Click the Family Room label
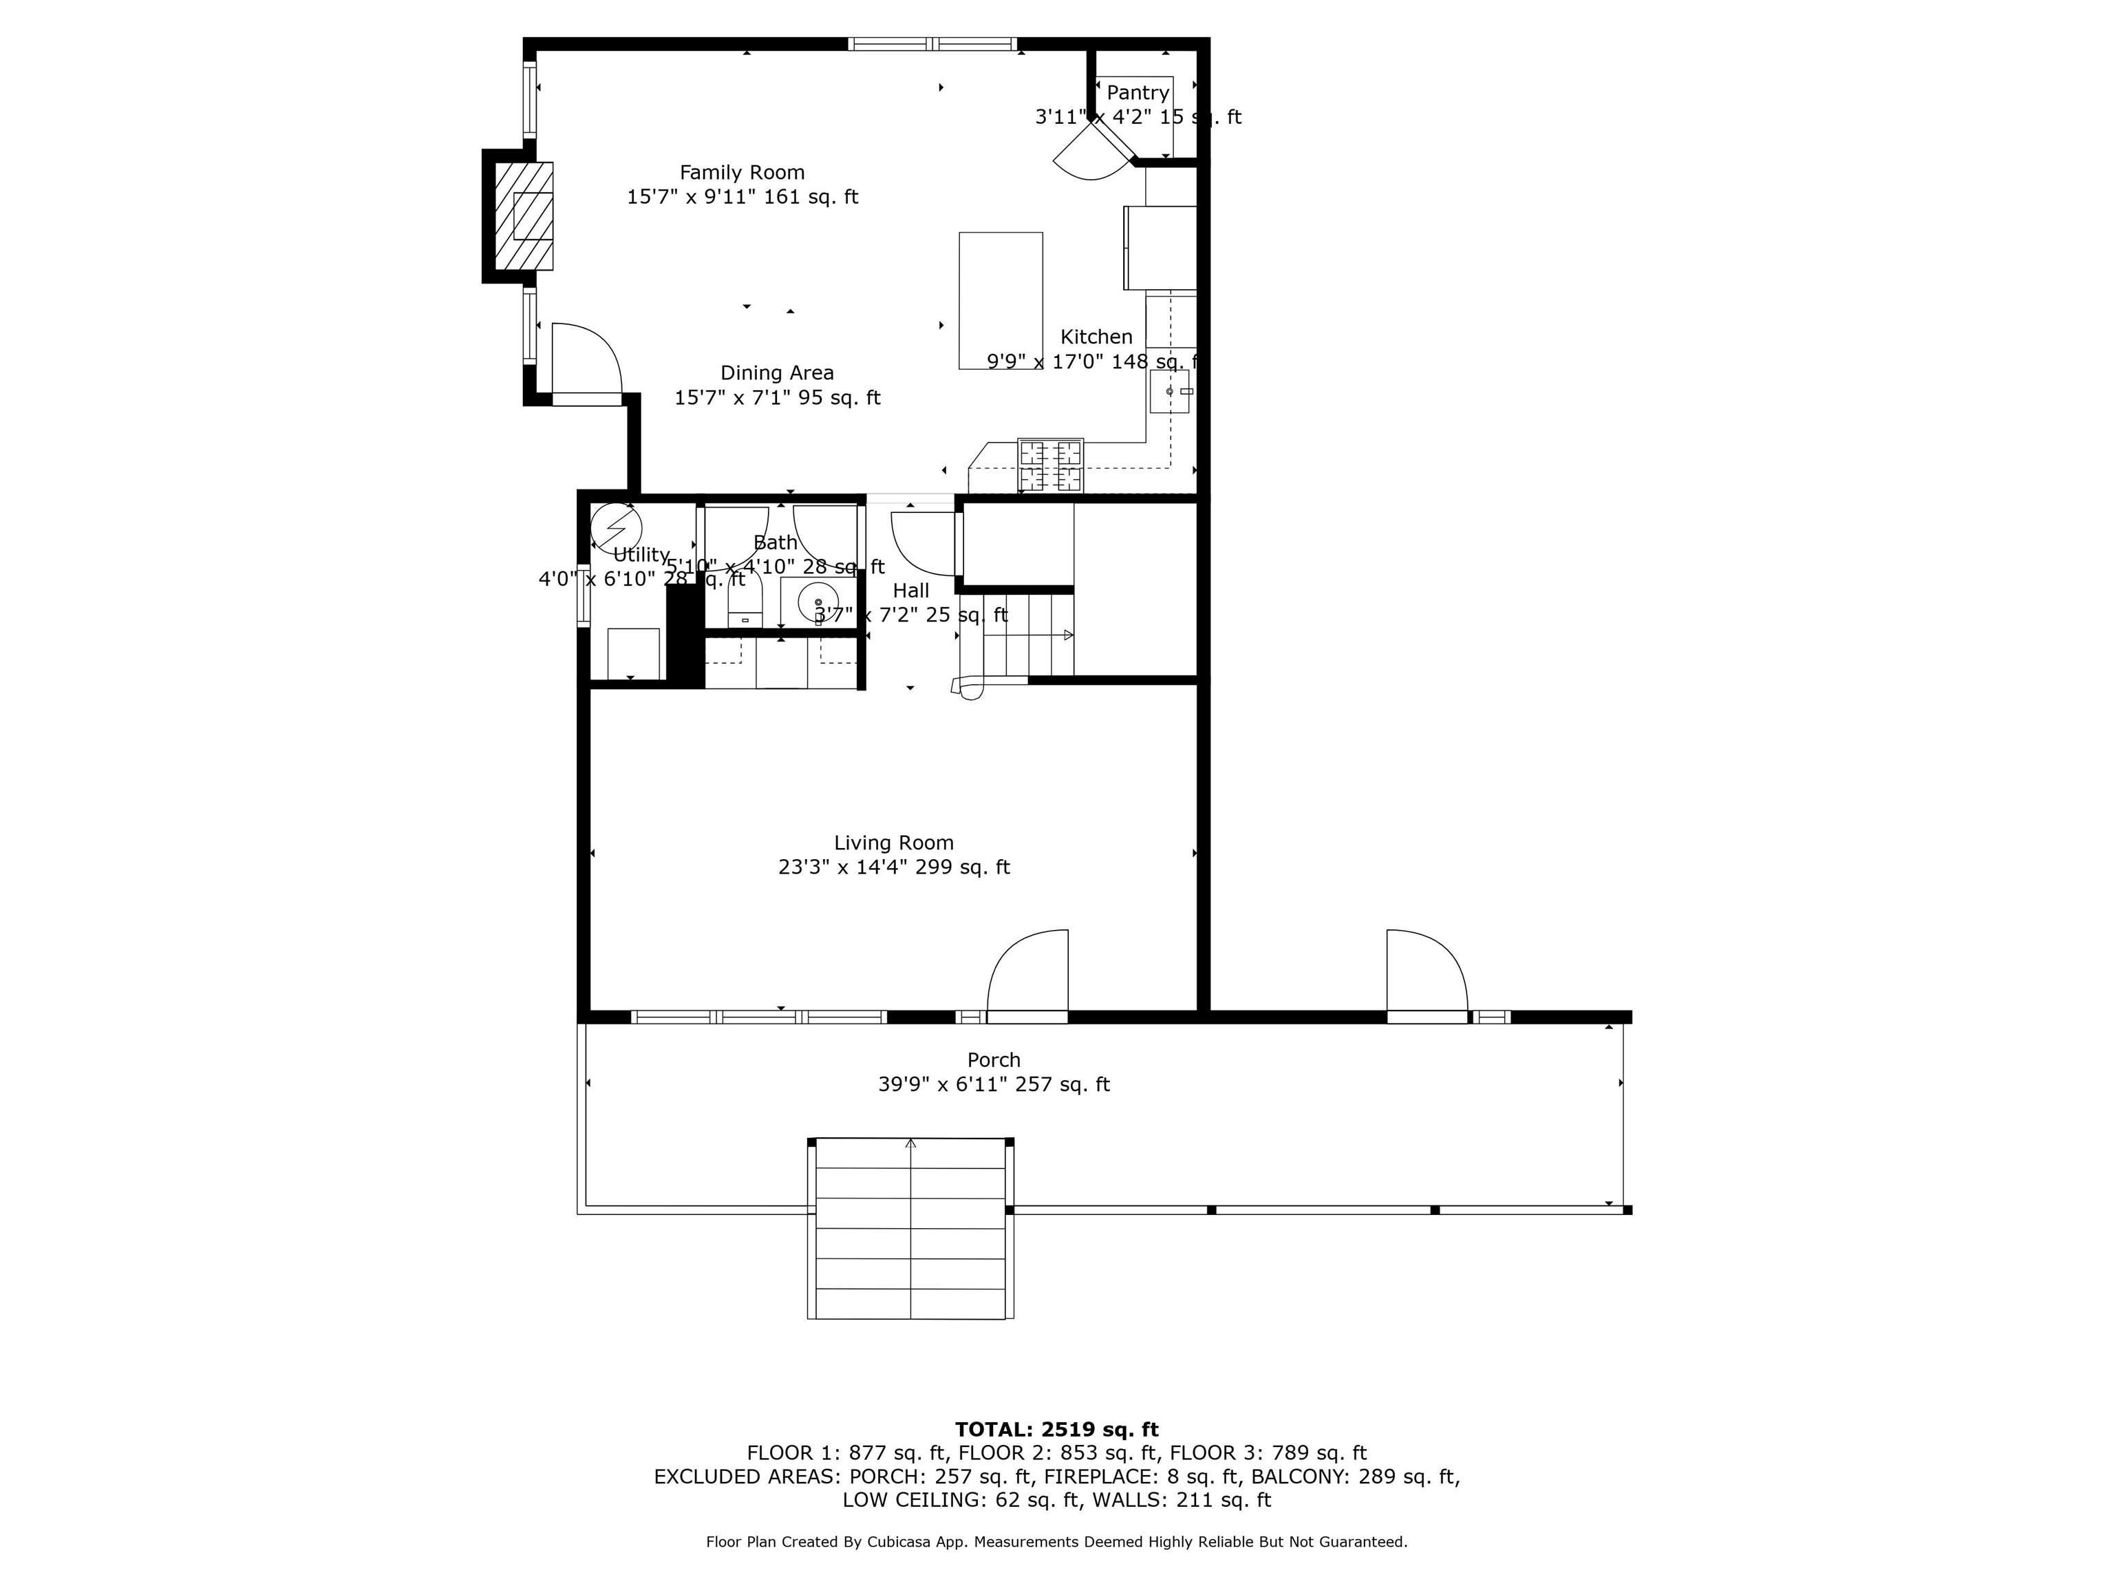point(742,173)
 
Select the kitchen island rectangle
point(1000,300)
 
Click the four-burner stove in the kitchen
point(1049,465)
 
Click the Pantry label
point(1138,93)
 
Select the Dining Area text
point(776,373)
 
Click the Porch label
point(993,1059)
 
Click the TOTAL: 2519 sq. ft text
point(1056,1429)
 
